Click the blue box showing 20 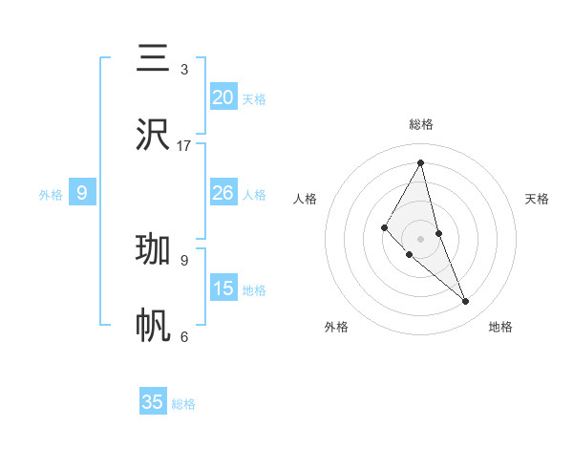pyautogui.click(x=223, y=96)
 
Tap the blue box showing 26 pyautogui.click(x=223, y=193)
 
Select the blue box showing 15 pyautogui.click(x=223, y=289)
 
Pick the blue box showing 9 pyautogui.click(x=82, y=193)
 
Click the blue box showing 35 pyautogui.click(x=153, y=402)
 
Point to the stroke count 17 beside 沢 pyautogui.click(x=184, y=145)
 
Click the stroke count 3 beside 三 pyautogui.click(x=184, y=70)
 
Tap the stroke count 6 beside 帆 pyautogui.click(x=184, y=336)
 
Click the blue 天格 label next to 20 pyautogui.click(x=254, y=99)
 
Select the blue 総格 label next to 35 pyautogui.click(x=183, y=405)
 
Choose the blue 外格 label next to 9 pyautogui.click(x=51, y=195)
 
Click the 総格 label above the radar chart pyautogui.click(x=421, y=124)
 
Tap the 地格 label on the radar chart pyautogui.click(x=500, y=327)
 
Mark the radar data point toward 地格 pyautogui.click(x=466, y=302)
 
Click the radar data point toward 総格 pyautogui.click(x=421, y=162)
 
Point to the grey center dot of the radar pyautogui.click(x=421, y=238)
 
